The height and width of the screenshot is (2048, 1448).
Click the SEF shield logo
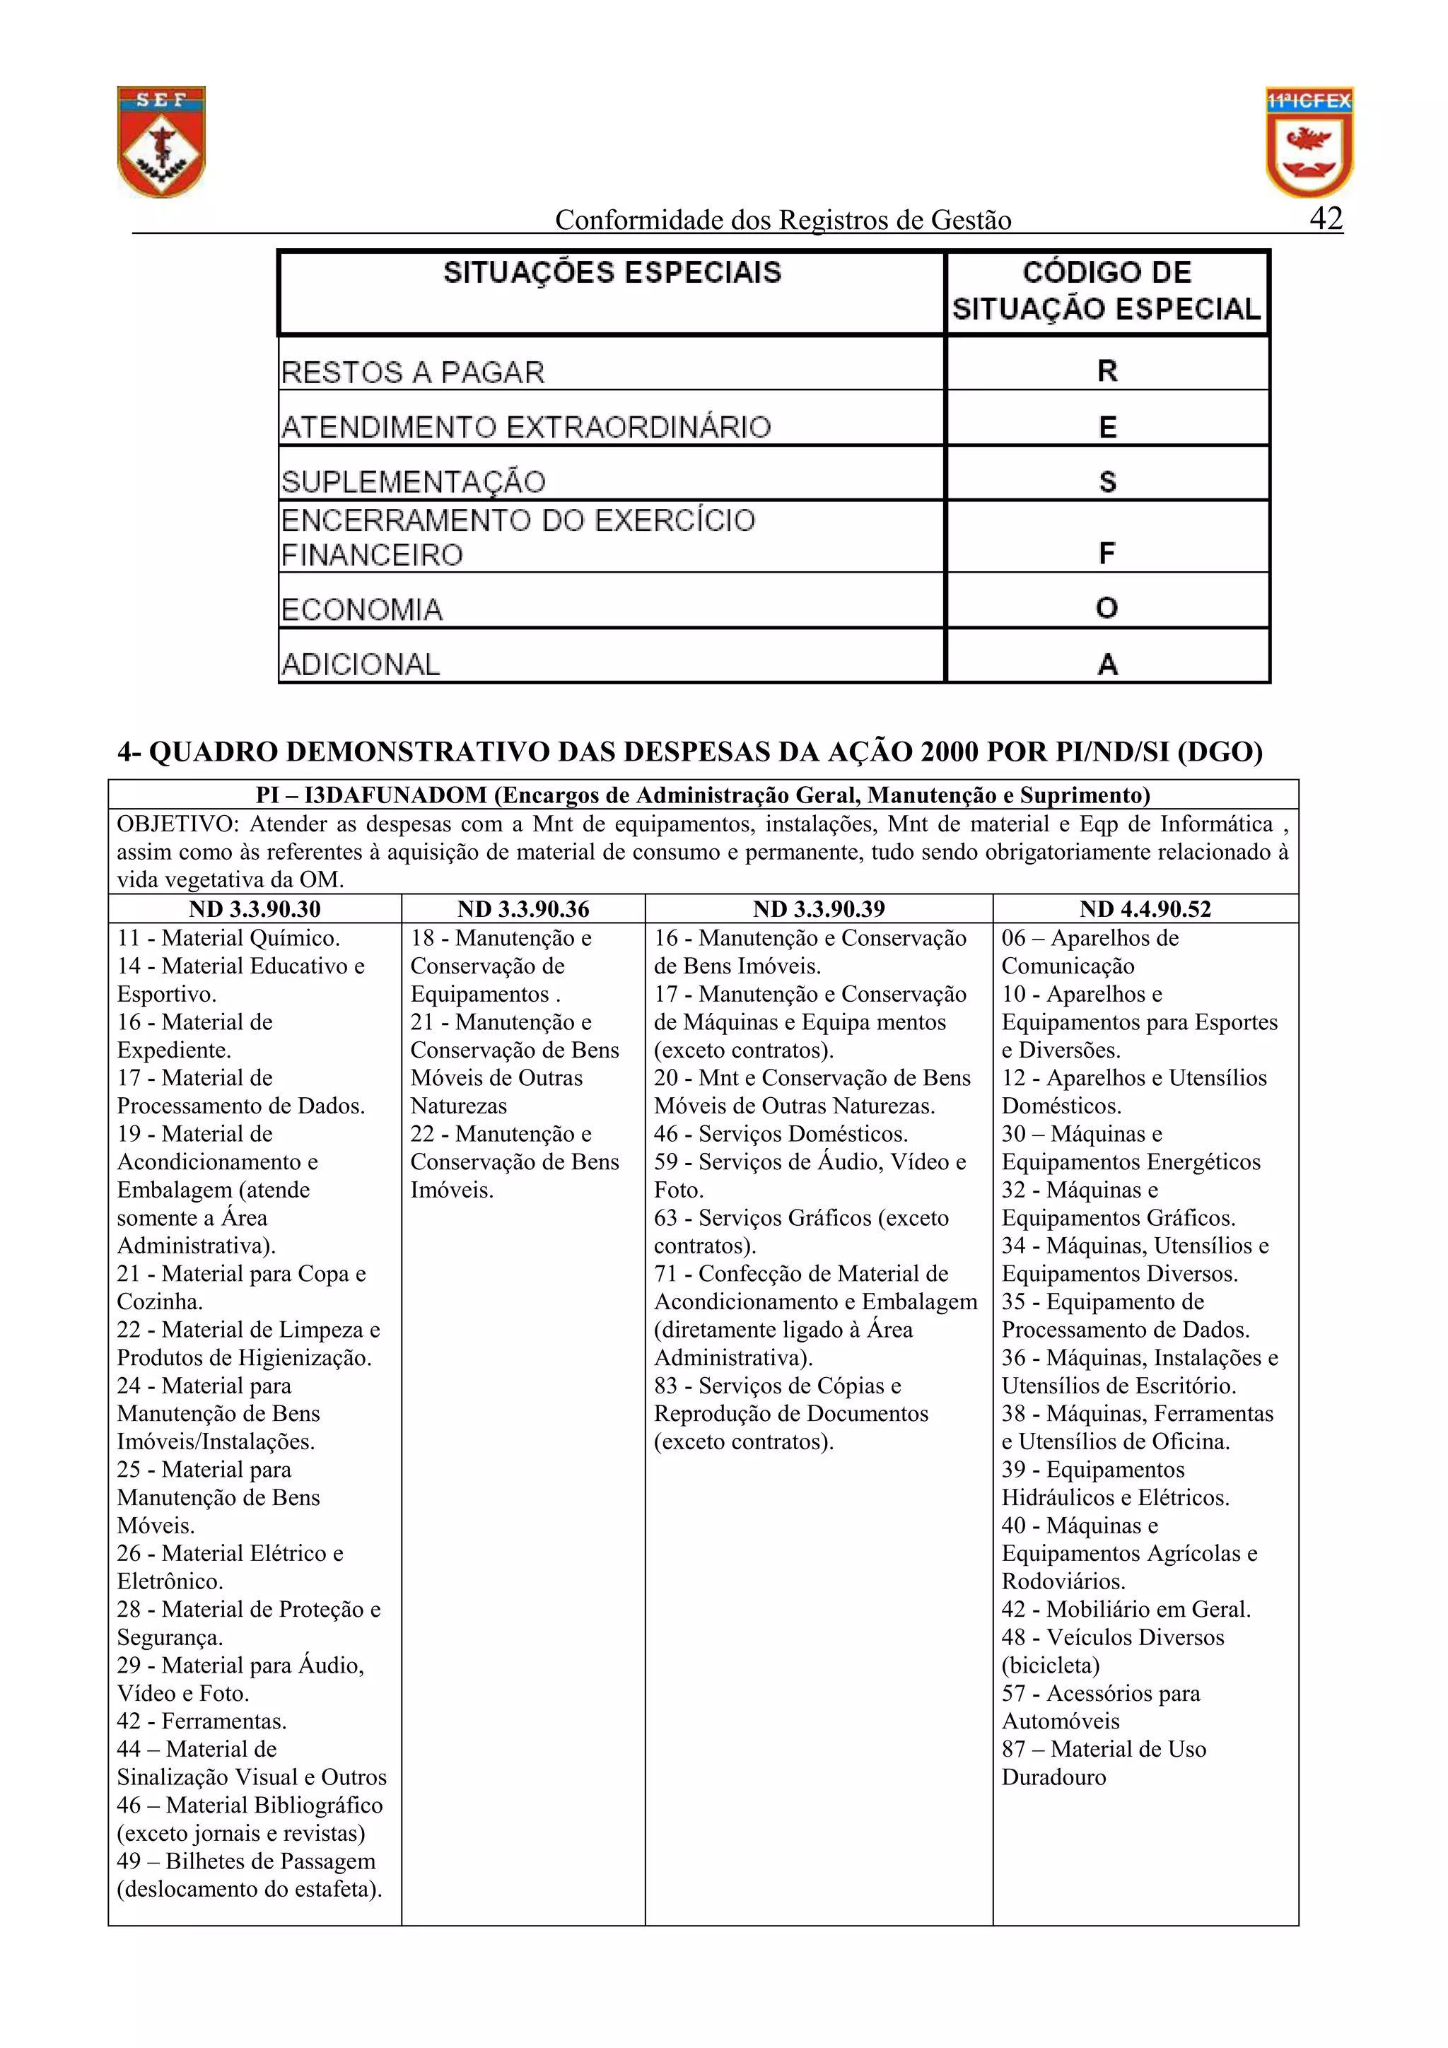click(161, 142)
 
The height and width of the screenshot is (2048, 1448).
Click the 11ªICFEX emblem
click(1309, 142)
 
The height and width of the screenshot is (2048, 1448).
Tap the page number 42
click(1326, 218)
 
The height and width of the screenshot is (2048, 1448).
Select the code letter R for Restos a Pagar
click(1107, 371)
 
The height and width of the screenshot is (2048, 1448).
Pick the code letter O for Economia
click(1107, 609)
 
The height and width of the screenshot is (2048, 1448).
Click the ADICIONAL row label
click(361, 665)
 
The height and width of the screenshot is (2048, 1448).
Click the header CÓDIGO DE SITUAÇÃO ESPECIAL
click(1107, 291)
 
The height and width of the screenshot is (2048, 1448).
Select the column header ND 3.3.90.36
click(522, 909)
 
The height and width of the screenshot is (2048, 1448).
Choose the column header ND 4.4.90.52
click(1145, 909)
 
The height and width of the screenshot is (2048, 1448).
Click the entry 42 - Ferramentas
click(202, 1721)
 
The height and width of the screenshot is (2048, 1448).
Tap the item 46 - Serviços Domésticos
click(781, 1134)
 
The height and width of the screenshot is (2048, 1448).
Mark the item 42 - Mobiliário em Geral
click(1126, 1609)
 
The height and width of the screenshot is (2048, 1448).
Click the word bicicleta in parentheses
click(1051, 1666)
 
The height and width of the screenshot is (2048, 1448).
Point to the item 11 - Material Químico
click(228, 937)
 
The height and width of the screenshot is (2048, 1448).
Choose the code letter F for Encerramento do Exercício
click(1107, 554)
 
